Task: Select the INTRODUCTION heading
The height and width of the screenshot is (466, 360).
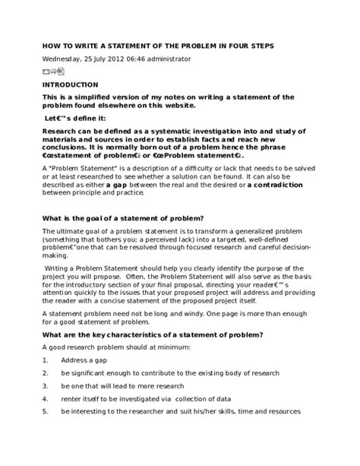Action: pyautogui.click(x=70, y=84)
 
